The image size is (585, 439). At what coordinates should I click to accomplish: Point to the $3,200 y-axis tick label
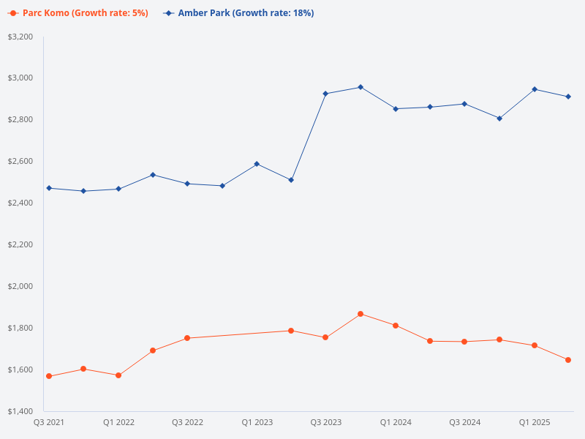tap(20, 37)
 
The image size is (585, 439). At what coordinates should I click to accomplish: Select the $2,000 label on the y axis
tap(20, 286)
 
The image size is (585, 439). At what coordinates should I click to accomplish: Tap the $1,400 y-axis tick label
tap(20, 411)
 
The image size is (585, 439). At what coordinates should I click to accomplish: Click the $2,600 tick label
tap(20, 161)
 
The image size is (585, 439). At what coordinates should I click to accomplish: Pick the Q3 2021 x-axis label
tap(49, 423)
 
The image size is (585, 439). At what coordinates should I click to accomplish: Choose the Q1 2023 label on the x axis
tap(257, 423)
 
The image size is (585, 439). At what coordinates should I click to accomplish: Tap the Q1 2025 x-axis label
tap(535, 423)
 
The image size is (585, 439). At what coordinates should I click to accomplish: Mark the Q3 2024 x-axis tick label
tap(465, 423)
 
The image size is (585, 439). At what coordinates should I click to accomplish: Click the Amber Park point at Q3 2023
tap(325, 94)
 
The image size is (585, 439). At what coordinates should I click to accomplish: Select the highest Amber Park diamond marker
tap(361, 87)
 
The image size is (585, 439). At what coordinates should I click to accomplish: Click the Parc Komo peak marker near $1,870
tap(361, 314)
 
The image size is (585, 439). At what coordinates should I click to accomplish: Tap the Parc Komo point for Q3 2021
tap(49, 376)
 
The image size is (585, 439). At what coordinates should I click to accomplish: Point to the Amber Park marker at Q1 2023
tap(257, 164)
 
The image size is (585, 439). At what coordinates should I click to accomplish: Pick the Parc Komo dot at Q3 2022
tap(187, 338)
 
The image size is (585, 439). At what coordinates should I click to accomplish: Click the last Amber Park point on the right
tap(568, 97)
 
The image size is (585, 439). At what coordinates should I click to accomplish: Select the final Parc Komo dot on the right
tap(568, 360)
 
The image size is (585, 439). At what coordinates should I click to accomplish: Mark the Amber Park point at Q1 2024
tap(396, 109)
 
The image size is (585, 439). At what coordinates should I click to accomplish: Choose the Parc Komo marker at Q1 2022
tap(118, 375)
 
